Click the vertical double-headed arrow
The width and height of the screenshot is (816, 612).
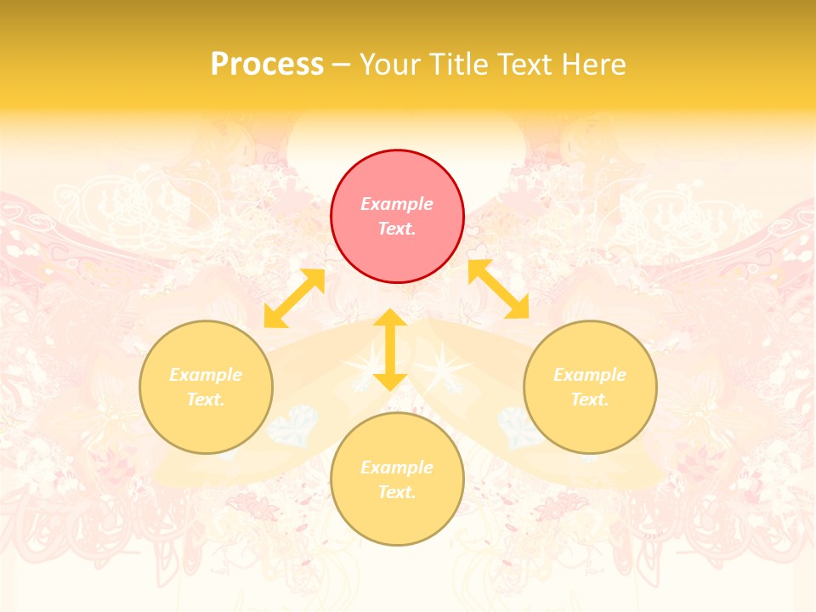[390, 350]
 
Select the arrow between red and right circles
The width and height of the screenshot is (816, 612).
[498, 289]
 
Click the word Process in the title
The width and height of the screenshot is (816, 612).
[267, 65]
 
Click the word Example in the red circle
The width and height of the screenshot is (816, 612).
[397, 204]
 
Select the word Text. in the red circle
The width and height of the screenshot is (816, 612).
[397, 229]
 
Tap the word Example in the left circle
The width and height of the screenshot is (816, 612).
[206, 375]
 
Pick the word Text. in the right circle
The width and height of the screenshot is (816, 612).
[590, 399]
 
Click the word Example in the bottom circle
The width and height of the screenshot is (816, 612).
[397, 467]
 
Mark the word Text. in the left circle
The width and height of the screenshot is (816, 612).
[206, 399]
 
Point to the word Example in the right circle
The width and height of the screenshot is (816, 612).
[590, 375]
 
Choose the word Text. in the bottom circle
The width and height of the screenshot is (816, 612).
[397, 492]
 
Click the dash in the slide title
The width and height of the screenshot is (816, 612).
[342, 65]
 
